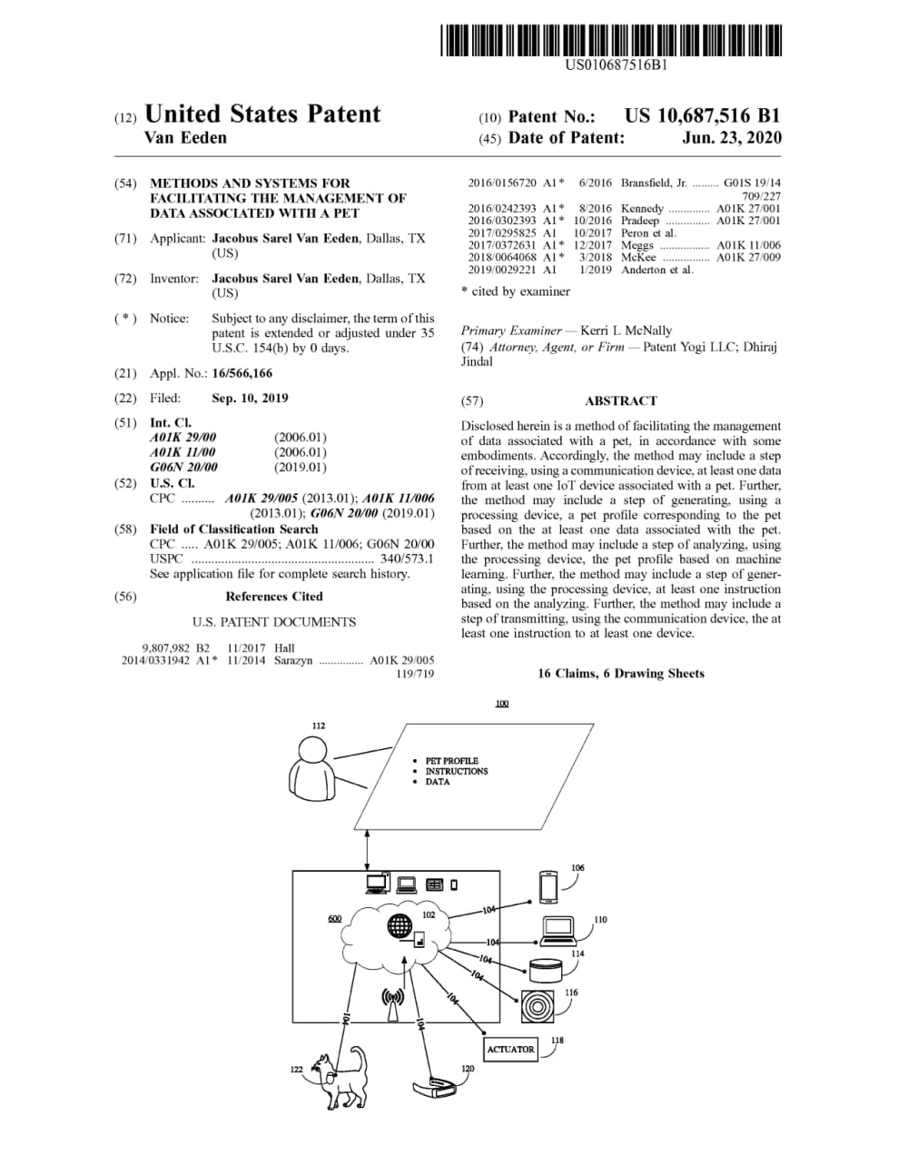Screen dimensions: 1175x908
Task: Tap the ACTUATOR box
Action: point(510,1050)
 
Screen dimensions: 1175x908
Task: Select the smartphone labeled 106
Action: point(548,885)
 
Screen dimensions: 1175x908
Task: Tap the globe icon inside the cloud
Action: point(400,926)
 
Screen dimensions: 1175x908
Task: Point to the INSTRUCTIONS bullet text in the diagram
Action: point(456,771)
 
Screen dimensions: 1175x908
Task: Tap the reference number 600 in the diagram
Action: point(334,918)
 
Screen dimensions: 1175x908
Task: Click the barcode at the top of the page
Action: point(612,42)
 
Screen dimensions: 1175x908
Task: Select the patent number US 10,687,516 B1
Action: point(702,116)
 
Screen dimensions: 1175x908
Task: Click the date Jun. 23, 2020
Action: point(731,138)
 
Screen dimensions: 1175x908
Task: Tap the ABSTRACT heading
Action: point(620,400)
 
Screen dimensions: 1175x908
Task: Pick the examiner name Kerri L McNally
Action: point(626,331)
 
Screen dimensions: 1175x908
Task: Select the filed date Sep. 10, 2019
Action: point(250,398)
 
